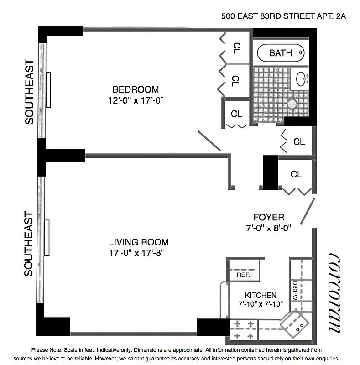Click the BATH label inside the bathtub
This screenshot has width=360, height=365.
point(280,53)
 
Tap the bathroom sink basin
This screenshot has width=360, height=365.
point(302,79)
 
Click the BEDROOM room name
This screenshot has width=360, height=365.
point(136,89)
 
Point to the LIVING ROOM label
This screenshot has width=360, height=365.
point(139,242)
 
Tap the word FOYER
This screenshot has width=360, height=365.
point(269,218)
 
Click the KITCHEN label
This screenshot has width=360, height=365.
point(261,295)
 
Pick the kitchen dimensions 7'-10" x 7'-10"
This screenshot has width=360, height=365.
point(261,304)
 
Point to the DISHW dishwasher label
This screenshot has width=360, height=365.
point(295,290)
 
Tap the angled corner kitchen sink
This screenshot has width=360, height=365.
point(294,324)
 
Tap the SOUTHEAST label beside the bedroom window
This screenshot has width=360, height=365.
point(30,91)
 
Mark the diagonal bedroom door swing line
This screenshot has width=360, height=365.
point(209,141)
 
